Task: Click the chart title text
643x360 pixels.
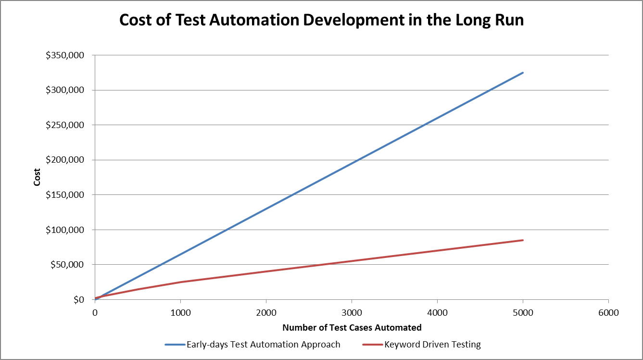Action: pyautogui.click(x=321, y=20)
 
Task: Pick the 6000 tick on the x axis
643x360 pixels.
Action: pyautogui.click(x=608, y=312)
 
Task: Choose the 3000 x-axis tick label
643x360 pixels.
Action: pyautogui.click(x=352, y=312)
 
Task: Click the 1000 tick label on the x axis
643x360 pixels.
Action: pyautogui.click(x=180, y=312)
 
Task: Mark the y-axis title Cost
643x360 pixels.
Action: pyautogui.click(x=37, y=178)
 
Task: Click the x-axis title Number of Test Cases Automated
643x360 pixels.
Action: pyautogui.click(x=352, y=328)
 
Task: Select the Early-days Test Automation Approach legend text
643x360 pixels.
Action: pyautogui.click(x=264, y=345)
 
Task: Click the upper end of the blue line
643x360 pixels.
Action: pyautogui.click(x=523, y=73)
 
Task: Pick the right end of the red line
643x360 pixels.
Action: pyautogui.click(x=523, y=240)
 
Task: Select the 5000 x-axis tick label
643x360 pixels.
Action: pyautogui.click(x=523, y=312)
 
